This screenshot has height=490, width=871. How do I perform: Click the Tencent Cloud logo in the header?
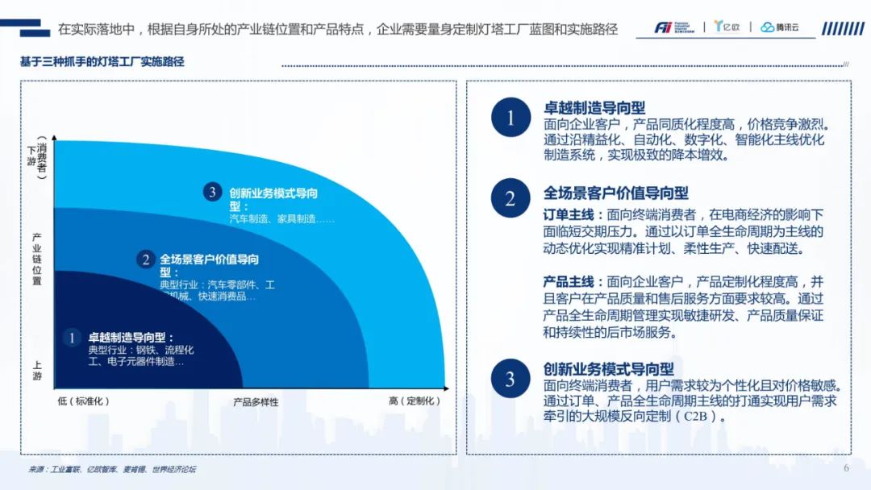pyautogui.click(x=780, y=27)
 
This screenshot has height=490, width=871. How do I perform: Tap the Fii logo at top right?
pyautogui.click(x=674, y=27)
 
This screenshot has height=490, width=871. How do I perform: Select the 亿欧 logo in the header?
pyautogui.click(x=727, y=27)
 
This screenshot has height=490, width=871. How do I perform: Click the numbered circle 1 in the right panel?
pyautogui.click(x=511, y=117)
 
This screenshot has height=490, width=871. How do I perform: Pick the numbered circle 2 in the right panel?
pyautogui.click(x=511, y=198)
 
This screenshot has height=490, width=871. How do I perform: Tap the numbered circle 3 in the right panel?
pyautogui.click(x=511, y=379)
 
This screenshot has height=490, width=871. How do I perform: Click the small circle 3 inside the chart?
pyautogui.click(x=212, y=192)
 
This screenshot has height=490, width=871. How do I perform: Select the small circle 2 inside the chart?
pyautogui.click(x=145, y=260)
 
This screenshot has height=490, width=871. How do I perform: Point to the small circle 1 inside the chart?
pyautogui.click(x=72, y=338)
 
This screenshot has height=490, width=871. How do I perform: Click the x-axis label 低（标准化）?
pyautogui.click(x=83, y=401)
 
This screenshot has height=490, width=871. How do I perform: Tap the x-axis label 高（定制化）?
pyautogui.click(x=415, y=401)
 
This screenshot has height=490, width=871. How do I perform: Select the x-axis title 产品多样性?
pyautogui.click(x=256, y=402)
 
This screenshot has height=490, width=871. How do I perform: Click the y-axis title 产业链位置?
pyautogui.click(x=36, y=260)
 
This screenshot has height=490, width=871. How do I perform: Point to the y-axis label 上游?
pyautogui.click(x=36, y=370)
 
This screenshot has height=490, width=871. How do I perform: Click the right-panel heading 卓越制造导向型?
pyautogui.click(x=594, y=108)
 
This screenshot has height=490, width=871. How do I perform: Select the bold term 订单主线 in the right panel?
pyautogui.click(x=569, y=214)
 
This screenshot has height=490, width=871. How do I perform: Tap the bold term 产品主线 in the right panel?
pyautogui.click(x=569, y=282)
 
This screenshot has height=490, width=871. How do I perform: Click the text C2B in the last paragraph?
pyautogui.click(x=695, y=416)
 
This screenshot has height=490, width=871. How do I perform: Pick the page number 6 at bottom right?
pyautogui.click(x=846, y=468)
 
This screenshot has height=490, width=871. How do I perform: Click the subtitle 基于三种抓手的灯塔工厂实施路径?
pyautogui.click(x=102, y=61)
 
